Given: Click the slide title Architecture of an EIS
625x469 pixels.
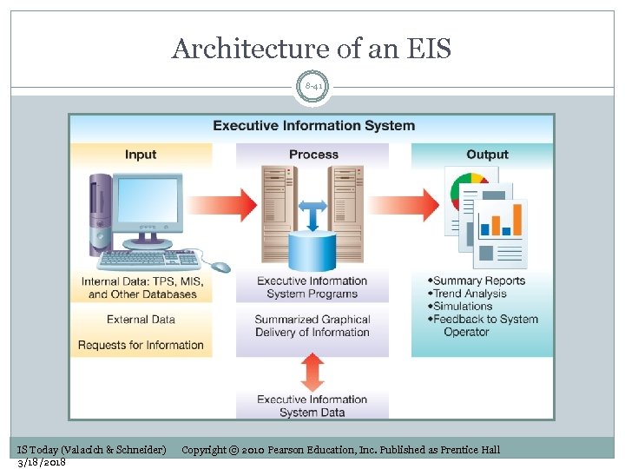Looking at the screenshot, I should (312, 49).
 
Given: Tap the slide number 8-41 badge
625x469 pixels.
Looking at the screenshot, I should (312, 87).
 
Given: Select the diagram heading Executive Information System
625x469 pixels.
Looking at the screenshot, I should (313, 125).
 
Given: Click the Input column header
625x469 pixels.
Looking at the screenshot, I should (141, 155).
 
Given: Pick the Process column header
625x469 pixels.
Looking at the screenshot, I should (313, 155).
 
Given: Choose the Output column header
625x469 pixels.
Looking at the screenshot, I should (487, 155).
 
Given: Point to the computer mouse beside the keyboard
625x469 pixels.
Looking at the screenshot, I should (220, 267).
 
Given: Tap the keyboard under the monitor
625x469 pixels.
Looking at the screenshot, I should (152, 259).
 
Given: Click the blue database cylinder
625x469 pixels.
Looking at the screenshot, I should (312, 249).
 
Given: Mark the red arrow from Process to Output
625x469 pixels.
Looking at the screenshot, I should (411, 205).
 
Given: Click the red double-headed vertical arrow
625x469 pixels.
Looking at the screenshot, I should (312, 371).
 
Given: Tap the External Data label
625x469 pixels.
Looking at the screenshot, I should (141, 320).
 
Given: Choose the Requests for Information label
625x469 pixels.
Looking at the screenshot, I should (141, 345).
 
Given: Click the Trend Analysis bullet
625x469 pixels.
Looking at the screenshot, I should (473, 294).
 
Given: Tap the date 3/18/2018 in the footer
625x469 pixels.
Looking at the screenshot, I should (42, 461).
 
